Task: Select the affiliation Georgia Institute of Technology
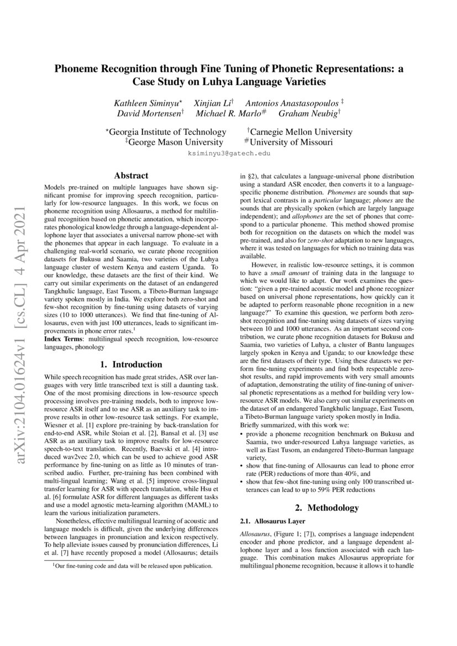[167, 132]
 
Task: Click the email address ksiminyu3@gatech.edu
[228, 152]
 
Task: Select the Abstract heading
[130, 175]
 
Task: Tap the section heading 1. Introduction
[130, 364]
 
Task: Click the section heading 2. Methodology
[327, 507]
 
